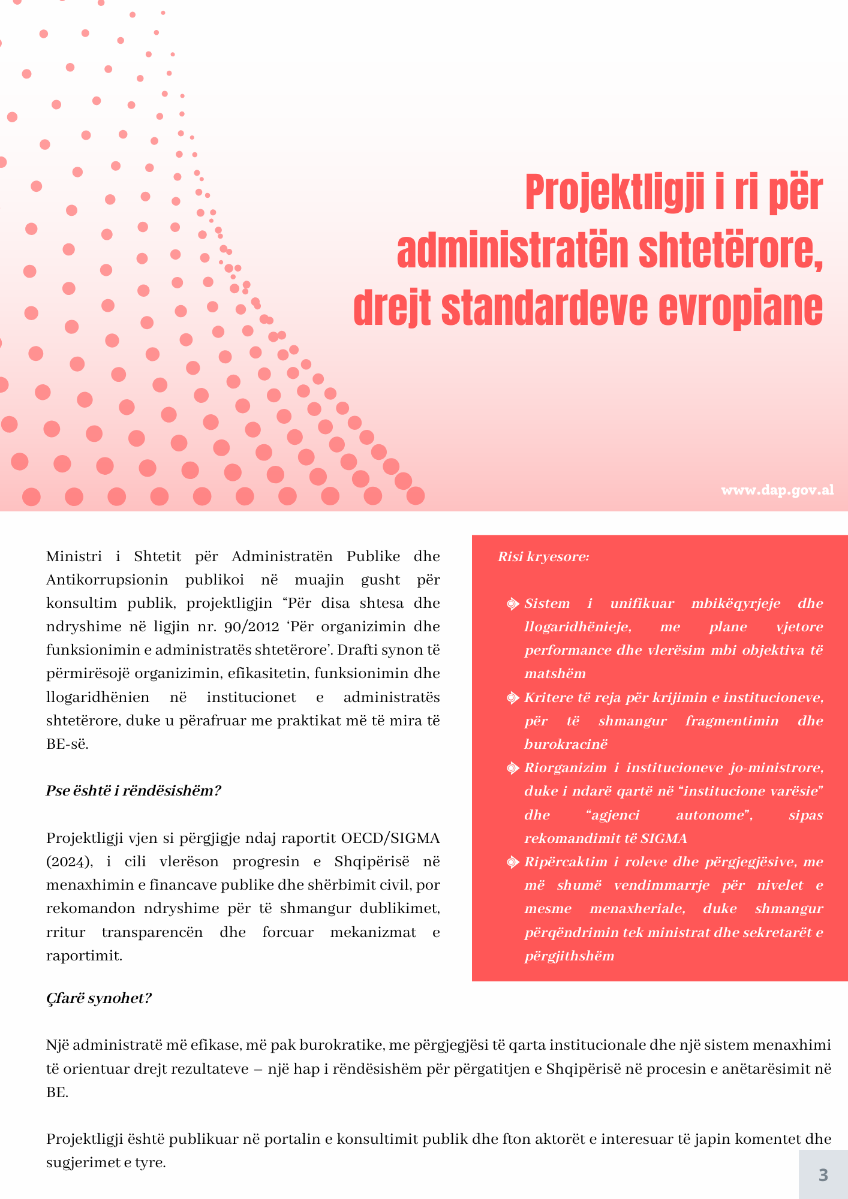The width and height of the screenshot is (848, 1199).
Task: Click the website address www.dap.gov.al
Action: [777, 490]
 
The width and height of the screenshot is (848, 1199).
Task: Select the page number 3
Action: [823, 1174]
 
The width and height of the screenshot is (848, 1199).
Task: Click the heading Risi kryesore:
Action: [543, 557]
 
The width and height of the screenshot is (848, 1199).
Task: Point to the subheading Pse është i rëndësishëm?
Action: [134, 791]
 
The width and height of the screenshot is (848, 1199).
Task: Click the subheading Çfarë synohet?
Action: [99, 998]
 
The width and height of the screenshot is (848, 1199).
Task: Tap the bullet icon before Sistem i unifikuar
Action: [512, 604]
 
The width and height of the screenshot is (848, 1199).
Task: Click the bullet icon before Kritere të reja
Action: [512, 698]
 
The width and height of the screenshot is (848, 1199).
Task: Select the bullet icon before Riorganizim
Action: [512, 768]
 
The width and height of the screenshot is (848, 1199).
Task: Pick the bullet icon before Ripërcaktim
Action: [512, 862]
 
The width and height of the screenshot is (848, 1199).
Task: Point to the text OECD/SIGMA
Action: [390, 838]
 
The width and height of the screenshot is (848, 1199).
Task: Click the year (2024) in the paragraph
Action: [70, 861]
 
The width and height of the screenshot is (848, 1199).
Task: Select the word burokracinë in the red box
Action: [566, 745]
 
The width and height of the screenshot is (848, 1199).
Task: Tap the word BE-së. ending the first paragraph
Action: [67, 744]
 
